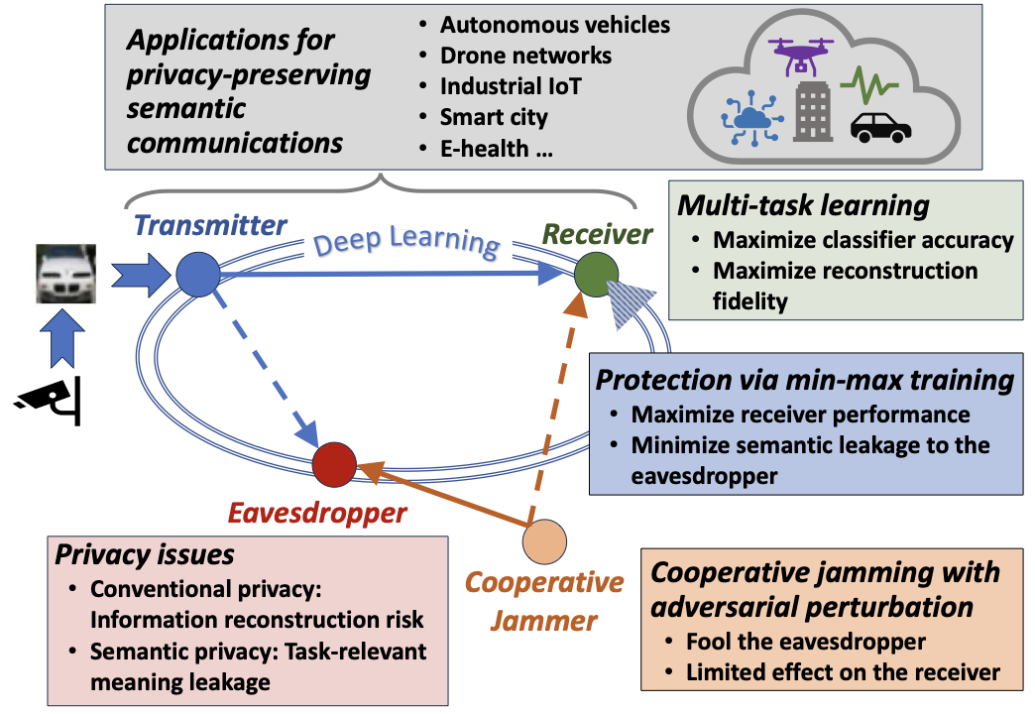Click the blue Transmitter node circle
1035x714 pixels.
click(197, 272)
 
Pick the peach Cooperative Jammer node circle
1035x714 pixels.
click(544, 541)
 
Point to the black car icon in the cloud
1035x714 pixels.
click(880, 126)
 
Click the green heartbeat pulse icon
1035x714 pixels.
click(868, 85)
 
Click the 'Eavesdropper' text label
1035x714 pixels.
click(317, 513)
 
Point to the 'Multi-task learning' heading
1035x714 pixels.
click(803, 206)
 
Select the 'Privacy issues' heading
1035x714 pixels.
click(145, 554)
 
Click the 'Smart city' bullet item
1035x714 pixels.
click(494, 117)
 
